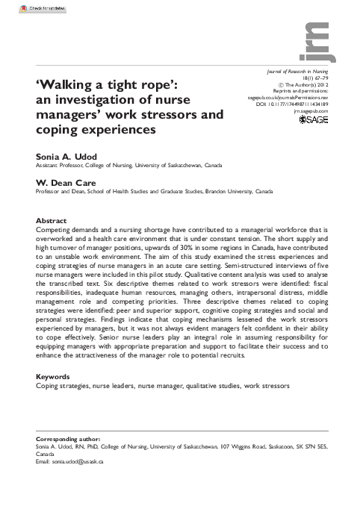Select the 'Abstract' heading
pyautogui.click(x=52, y=222)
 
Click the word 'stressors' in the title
pyautogui.click(x=190, y=115)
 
